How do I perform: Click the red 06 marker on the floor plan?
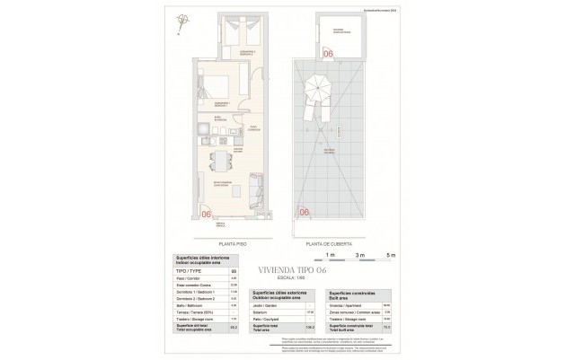[206, 214]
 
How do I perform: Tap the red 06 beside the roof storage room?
[328, 55]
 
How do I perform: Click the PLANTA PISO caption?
[233, 243]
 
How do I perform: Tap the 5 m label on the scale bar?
[390, 256]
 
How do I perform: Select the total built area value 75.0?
[385, 328]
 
